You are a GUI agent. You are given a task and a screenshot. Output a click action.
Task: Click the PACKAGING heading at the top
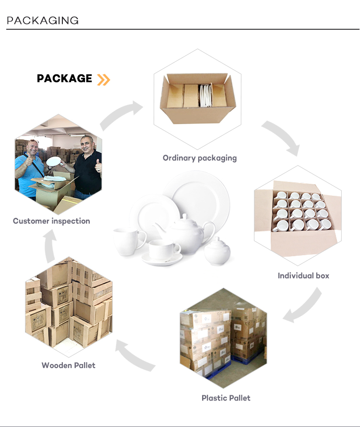pyautogui.click(x=43, y=20)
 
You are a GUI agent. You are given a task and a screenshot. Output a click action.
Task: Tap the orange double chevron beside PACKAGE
pyautogui.click(x=103, y=79)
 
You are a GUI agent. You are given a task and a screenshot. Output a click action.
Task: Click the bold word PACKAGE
pyautogui.click(x=64, y=79)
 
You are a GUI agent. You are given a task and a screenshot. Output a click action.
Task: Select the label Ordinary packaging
pyautogui.click(x=200, y=158)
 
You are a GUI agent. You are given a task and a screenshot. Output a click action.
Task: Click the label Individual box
pyautogui.click(x=303, y=275)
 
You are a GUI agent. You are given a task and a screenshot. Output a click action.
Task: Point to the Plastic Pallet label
pyautogui.click(x=226, y=398)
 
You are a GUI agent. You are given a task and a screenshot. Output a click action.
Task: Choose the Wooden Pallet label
pyautogui.click(x=68, y=365)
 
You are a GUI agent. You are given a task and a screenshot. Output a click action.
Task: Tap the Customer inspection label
pyautogui.click(x=51, y=221)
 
